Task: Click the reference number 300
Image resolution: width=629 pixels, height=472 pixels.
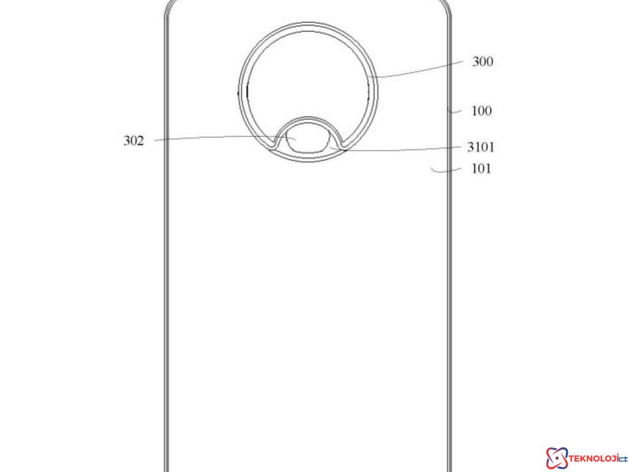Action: point(482,61)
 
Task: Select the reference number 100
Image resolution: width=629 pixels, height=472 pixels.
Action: point(482,111)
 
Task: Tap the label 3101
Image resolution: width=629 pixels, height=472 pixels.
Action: point(480,147)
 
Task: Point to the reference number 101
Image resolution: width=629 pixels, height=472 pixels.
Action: point(481,168)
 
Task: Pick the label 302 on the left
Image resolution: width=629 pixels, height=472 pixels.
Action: point(134,141)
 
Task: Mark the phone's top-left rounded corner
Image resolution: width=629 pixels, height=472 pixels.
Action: point(171,9)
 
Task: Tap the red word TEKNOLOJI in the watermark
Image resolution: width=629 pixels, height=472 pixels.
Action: point(590,458)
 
